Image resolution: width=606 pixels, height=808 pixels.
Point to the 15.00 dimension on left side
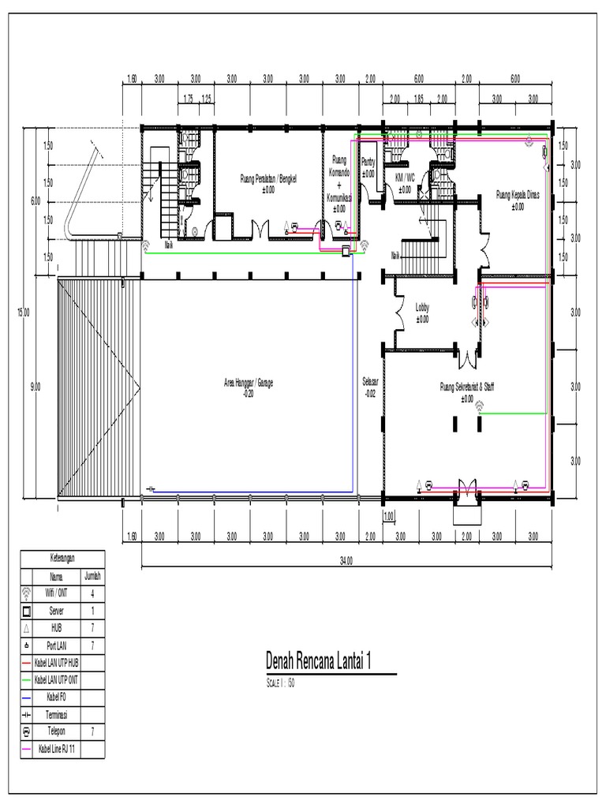click(x=24, y=312)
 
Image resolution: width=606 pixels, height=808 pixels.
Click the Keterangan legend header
click(x=62, y=557)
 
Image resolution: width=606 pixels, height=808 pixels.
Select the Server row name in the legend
click(x=57, y=611)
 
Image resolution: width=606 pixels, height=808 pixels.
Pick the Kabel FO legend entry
click(x=57, y=697)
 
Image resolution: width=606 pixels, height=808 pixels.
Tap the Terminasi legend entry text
click(x=57, y=714)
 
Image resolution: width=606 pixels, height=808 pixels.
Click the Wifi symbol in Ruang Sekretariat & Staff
click(x=478, y=407)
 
